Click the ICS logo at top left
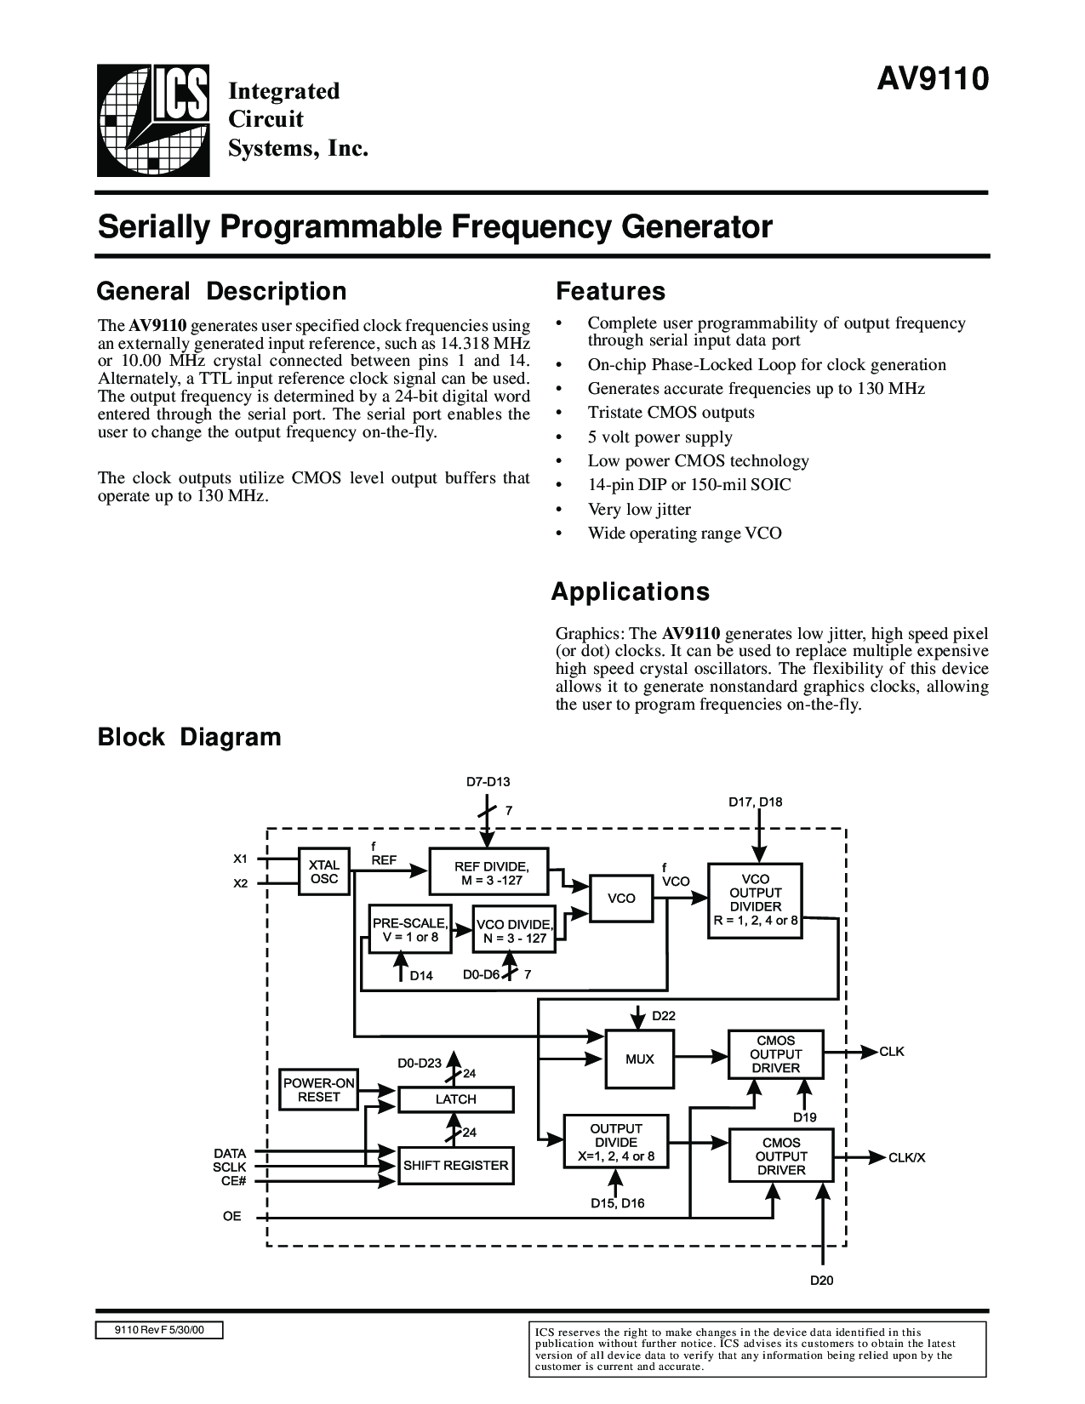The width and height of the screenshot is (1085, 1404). click(x=153, y=120)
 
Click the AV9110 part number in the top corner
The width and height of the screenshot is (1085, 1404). click(x=933, y=79)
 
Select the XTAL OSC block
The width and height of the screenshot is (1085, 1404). click(x=323, y=871)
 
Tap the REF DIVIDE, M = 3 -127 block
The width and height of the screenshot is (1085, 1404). click(x=489, y=871)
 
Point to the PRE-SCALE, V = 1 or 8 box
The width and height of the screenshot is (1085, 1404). click(x=409, y=929)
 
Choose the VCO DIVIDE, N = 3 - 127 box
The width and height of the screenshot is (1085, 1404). click(x=514, y=929)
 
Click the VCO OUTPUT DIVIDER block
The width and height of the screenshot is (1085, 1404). click(x=755, y=900)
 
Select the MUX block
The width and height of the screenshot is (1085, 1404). click(x=639, y=1059)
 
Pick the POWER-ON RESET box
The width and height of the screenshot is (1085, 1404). click(x=318, y=1090)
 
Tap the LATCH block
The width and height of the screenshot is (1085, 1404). click(x=455, y=1099)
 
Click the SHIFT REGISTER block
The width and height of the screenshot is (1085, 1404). click(x=455, y=1166)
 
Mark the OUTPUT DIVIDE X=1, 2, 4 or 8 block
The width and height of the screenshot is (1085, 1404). click(x=616, y=1142)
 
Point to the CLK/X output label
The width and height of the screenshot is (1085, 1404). click(x=906, y=1158)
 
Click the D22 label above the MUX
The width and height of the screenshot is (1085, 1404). click(x=664, y=1016)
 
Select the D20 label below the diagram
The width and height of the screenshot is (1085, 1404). click(x=822, y=1280)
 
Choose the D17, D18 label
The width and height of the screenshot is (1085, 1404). click(x=756, y=802)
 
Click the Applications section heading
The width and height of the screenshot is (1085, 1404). click(x=630, y=592)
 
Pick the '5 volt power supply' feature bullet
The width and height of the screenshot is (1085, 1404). click(x=660, y=437)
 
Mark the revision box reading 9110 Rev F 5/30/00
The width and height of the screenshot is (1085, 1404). click(x=159, y=1330)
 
